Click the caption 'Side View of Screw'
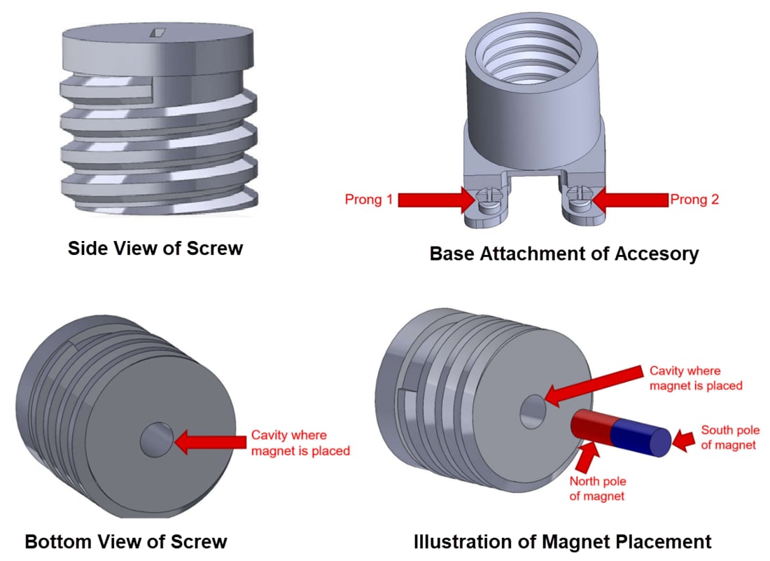[155, 248]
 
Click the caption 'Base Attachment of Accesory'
[563, 253]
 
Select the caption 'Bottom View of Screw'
[126, 541]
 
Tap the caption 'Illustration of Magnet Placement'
[562, 541]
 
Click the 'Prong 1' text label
[369, 200]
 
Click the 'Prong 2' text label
[694, 200]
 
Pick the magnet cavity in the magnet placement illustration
[533, 410]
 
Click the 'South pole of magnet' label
[729, 438]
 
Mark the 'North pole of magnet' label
[597, 489]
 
